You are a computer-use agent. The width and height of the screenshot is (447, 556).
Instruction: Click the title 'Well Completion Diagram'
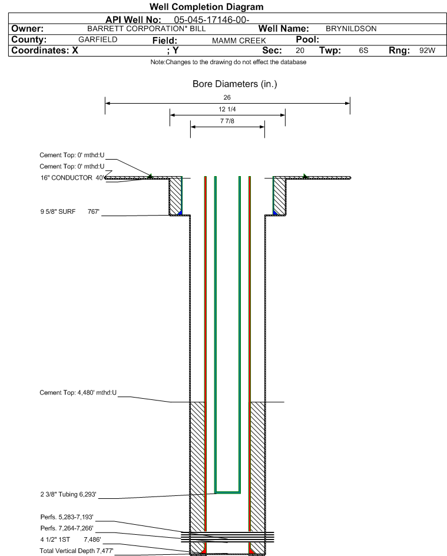(206, 6)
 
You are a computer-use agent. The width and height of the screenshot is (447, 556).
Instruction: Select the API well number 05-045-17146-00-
(211, 20)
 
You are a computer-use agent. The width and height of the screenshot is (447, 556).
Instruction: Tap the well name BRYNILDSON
(351, 29)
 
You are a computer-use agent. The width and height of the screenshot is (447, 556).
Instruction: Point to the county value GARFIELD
(98, 39)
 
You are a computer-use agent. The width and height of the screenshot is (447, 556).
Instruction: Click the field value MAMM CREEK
(239, 41)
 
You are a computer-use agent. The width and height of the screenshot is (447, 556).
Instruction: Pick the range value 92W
(427, 50)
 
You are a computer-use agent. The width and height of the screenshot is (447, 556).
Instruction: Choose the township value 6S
(364, 50)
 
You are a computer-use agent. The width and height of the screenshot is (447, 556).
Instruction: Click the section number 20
(300, 50)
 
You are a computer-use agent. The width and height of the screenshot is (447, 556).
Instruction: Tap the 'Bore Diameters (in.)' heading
(234, 84)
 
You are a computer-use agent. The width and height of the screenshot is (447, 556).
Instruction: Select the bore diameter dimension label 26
(227, 97)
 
